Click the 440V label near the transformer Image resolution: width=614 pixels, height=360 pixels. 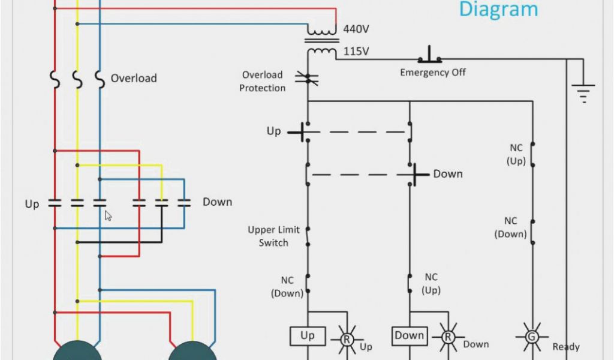pyautogui.click(x=356, y=29)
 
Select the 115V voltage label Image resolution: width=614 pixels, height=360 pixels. pyautogui.click(x=356, y=52)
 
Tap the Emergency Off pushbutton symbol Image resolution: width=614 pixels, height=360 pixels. pyautogui.click(x=430, y=56)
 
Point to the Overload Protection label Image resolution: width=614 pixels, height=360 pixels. pyautogui.click(x=263, y=82)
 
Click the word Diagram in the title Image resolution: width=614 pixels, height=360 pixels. pyautogui.click(x=498, y=10)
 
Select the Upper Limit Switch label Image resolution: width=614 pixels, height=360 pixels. pyautogui.click(x=273, y=236)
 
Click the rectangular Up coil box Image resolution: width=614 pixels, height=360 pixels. pyautogui.click(x=308, y=336)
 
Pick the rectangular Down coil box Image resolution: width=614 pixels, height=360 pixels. pyautogui.click(x=410, y=336)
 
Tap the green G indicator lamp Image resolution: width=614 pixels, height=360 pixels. pyautogui.click(x=531, y=337)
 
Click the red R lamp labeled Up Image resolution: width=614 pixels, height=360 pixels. pyautogui.click(x=346, y=338)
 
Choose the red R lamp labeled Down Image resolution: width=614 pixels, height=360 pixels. pyautogui.click(x=448, y=337)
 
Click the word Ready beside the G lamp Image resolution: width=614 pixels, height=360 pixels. pyautogui.click(x=566, y=347)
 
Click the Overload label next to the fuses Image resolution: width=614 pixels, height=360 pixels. pyautogui.click(x=134, y=79)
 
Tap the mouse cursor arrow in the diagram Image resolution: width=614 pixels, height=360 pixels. pyautogui.click(x=109, y=215)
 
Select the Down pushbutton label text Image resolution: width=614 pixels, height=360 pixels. pyautogui.click(x=448, y=174)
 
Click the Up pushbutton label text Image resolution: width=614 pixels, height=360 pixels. pyautogui.click(x=273, y=131)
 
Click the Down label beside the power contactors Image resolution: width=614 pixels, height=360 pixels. pyautogui.click(x=217, y=202)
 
